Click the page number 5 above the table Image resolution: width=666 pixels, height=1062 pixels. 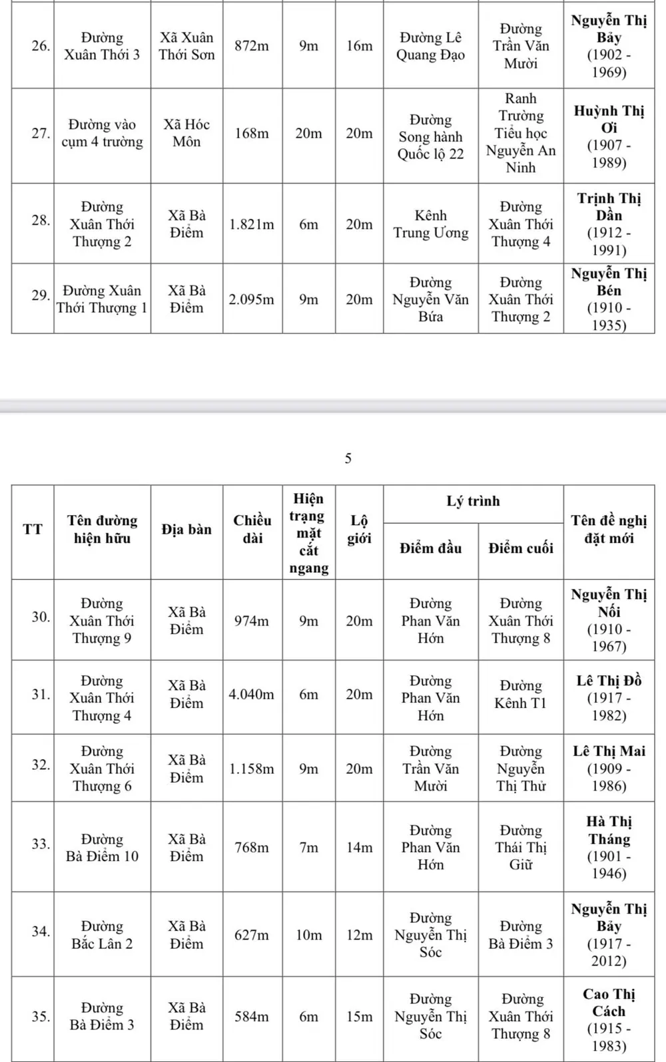(x=348, y=458)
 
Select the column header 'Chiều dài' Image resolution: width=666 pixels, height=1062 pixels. (x=252, y=530)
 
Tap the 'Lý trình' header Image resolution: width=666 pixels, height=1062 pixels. (x=473, y=502)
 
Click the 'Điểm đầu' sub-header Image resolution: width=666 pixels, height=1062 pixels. (x=430, y=549)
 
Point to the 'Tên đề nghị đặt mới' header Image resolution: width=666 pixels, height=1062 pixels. (x=609, y=530)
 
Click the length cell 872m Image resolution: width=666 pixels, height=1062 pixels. (x=252, y=46)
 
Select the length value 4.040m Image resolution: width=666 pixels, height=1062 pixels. (x=252, y=695)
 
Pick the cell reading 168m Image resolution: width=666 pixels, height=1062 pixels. (x=252, y=134)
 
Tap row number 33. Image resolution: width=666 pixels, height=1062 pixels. (x=41, y=844)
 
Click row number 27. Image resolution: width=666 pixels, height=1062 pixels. (x=41, y=133)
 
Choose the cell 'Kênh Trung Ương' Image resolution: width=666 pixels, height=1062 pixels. (x=431, y=224)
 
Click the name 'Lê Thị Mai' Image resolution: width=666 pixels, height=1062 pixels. (x=609, y=751)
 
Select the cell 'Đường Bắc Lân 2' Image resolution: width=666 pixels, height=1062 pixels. (x=102, y=935)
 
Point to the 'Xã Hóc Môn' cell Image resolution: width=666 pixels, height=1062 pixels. (x=186, y=133)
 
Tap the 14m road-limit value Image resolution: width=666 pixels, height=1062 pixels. (x=359, y=848)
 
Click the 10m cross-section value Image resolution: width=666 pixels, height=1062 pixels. (x=308, y=936)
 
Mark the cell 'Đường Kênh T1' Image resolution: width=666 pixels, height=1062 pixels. (x=521, y=695)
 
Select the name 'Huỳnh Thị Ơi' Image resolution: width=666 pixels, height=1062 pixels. (x=609, y=119)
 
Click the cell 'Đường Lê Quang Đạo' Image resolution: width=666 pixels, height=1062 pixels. (x=431, y=46)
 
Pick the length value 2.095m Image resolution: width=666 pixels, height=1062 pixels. (x=252, y=300)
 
